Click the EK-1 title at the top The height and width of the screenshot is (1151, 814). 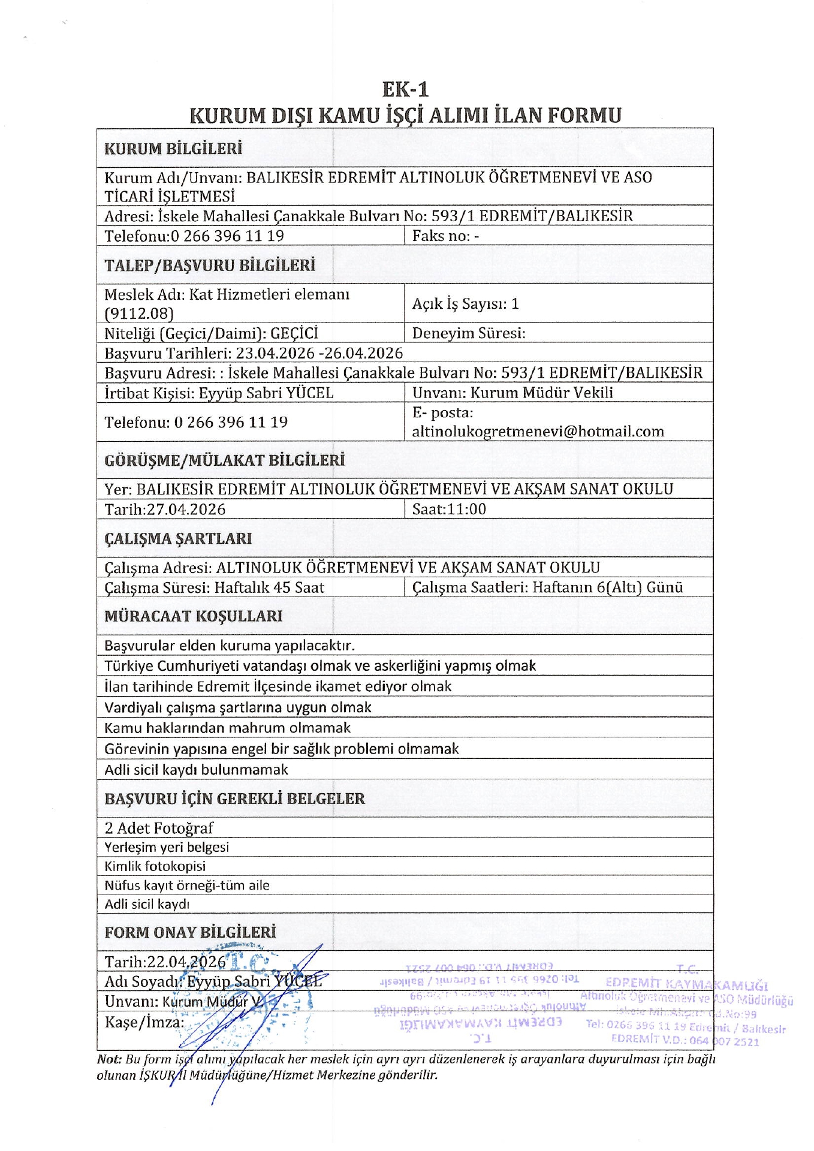[406, 89]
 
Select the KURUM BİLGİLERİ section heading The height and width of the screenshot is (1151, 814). [173, 149]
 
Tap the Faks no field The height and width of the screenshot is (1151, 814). [445, 236]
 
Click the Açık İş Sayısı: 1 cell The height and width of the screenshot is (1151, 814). [465, 304]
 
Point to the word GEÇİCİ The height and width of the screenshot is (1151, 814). [294, 333]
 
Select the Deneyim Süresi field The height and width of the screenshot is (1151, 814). [469, 333]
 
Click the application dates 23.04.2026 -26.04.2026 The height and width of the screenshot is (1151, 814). [319, 353]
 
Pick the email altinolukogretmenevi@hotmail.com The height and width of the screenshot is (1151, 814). [538, 432]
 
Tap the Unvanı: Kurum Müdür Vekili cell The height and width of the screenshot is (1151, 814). [512, 393]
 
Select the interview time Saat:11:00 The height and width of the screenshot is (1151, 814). [449, 510]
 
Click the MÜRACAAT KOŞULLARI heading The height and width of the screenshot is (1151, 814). [193, 616]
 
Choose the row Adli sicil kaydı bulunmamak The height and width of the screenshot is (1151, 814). [196, 770]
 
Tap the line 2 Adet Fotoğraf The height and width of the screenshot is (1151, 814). [159, 828]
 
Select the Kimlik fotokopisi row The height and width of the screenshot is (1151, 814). [155, 866]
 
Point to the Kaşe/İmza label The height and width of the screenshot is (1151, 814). [144, 1022]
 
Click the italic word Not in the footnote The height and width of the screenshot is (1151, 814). [109, 1059]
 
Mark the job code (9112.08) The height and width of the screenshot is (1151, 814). [138, 314]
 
